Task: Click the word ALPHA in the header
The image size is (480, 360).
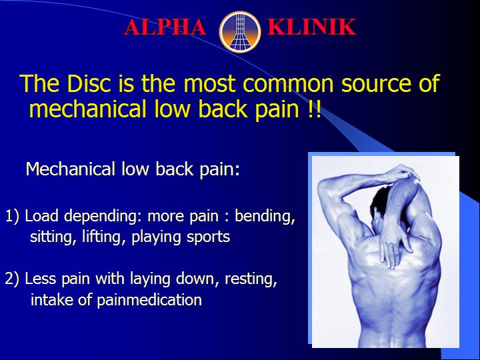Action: pyautogui.click(x=165, y=27)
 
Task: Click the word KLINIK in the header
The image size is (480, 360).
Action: pyautogui.click(x=311, y=27)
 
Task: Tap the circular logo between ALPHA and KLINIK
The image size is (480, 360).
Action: pyautogui.click(x=240, y=31)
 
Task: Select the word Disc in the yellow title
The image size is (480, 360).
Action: pyautogui.click(x=89, y=83)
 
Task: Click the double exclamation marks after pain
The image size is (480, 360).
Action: pyautogui.click(x=314, y=109)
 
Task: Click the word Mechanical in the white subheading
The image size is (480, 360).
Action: pyautogui.click(x=70, y=169)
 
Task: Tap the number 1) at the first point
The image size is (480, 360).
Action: pyautogui.click(x=12, y=216)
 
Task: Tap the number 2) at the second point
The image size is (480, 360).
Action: pyautogui.click(x=12, y=279)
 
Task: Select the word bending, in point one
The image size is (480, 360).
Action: pyautogui.click(x=265, y=217)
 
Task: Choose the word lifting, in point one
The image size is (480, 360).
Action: pyautogui.click(x=105, y=237)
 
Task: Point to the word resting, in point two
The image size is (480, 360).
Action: pyautogui.click(x=251, y=279)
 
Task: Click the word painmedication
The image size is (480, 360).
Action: pyautogui.click(x=149, y=300)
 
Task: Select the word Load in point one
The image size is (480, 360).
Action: pyautogui.click(x=41, y=216)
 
